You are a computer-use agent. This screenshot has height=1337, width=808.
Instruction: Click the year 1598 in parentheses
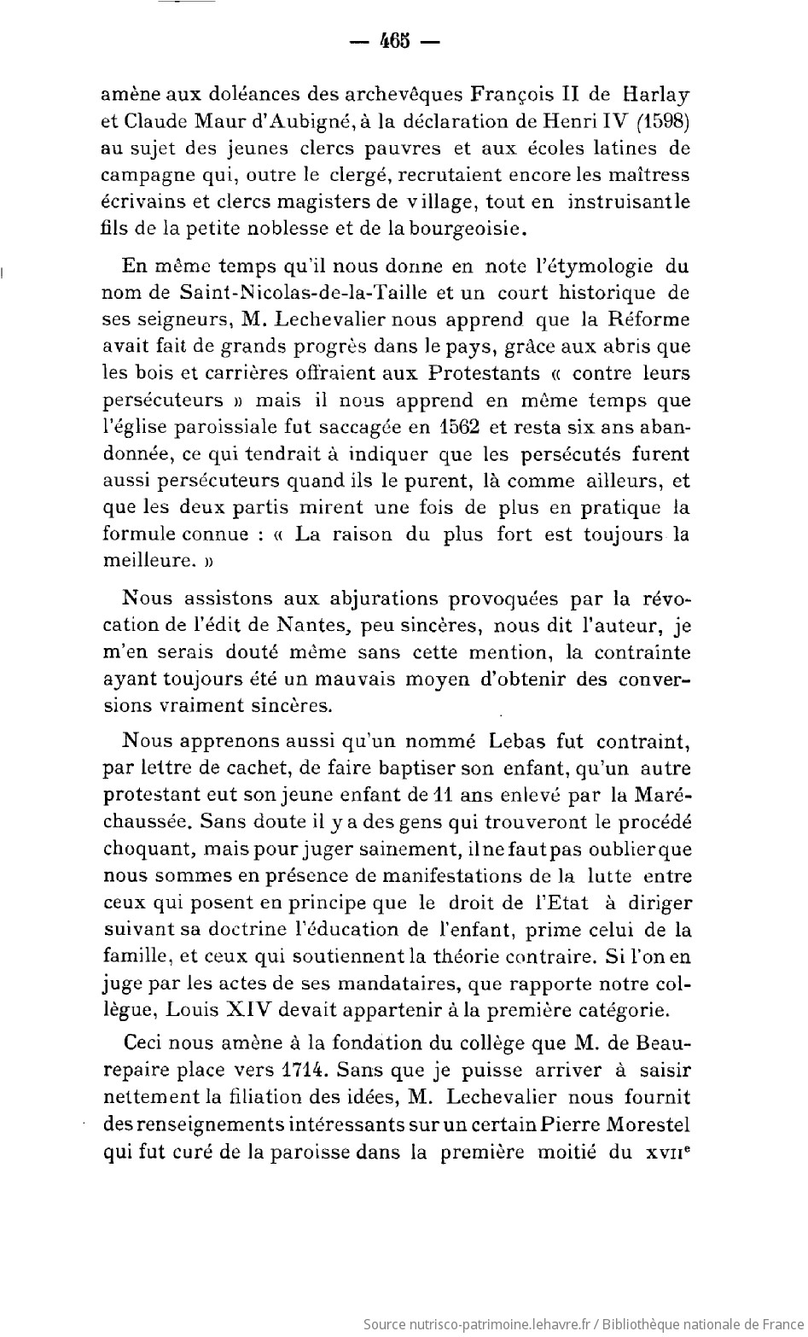tap(662, 120)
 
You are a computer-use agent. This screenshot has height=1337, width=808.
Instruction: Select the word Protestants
tap(484, 373)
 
